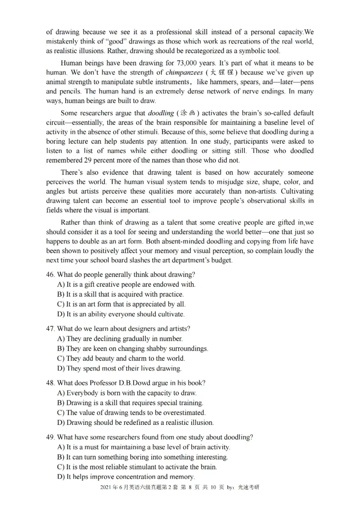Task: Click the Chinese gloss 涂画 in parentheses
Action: (x=189, y=113)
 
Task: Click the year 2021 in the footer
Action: (x=106, y=487)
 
